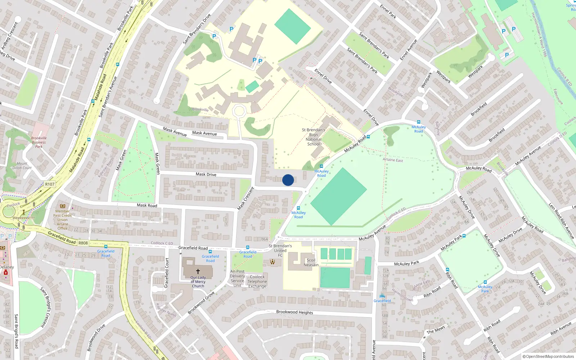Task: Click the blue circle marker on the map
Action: click(x=288, y=180)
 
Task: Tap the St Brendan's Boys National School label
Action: click(x=313, y=137)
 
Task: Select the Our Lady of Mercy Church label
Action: click(x=198, y=282)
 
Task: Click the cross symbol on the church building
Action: click(x=198, y=271)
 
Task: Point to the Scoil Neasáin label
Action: click(x=311, y=262)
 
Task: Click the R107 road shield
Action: click(x=50, y=184)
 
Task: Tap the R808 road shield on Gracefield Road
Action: click(x=83, y=243)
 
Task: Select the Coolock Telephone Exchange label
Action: click(x=257, y=282)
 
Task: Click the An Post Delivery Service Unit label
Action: click(x=237, y=278)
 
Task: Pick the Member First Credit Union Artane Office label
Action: click(x=62, y=220)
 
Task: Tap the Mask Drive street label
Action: click(x=206, y=174)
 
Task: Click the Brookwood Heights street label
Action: click(x=294, y=312)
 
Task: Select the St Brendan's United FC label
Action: click(x=280, y=251)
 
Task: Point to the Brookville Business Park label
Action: click(x=39, y=142)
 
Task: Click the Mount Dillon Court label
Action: click(x=22, y=166)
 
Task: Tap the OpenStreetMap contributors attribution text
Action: click(x=548, y=357)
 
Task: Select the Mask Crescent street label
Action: click(x=246, y=199)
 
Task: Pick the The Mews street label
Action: click(x=436, y=330)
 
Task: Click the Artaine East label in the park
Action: click(x=393, y=160)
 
